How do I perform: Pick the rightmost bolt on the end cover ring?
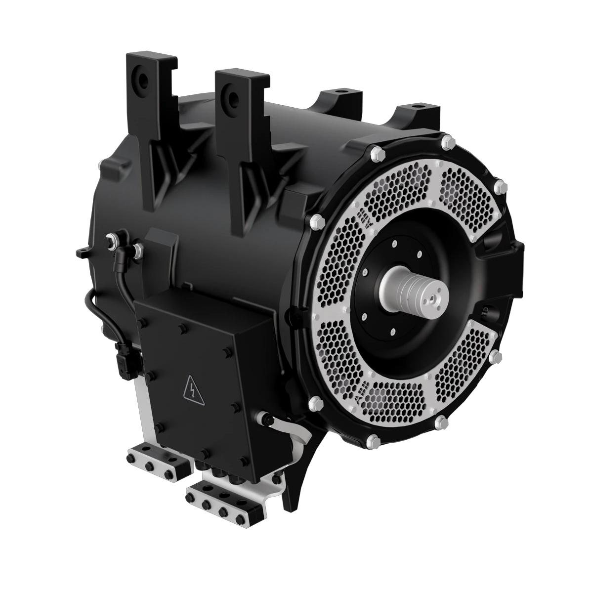pyautogui.click(x=501, y=187)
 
